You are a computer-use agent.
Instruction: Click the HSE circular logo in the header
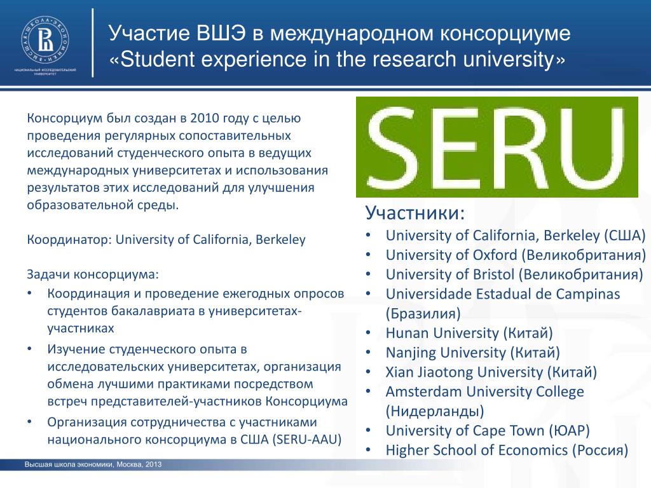45,40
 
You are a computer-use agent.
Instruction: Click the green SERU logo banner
497,147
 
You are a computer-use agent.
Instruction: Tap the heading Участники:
415,213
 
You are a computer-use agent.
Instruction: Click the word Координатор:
69,240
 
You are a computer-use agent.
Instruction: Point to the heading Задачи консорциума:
93,274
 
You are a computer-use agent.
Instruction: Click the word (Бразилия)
423,313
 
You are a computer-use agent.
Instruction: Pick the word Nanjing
411,353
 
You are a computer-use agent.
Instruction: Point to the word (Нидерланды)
435,411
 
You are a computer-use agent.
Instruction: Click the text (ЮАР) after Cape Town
569,431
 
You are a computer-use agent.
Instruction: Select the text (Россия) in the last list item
600,451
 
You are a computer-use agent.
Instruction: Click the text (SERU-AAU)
307,439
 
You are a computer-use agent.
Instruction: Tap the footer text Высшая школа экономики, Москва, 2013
93,464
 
